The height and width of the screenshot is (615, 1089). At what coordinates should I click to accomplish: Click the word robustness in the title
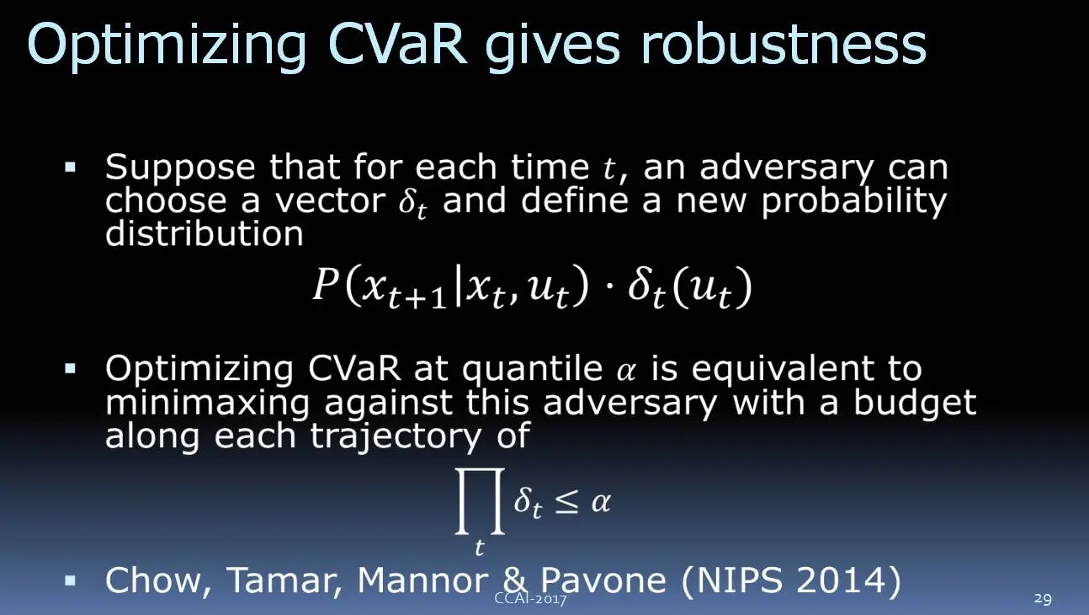point(784,44)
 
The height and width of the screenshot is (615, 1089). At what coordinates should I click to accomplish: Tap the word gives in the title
point(553,48)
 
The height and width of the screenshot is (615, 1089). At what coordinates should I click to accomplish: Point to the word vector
point(331,201)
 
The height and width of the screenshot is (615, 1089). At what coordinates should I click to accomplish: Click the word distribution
point(205,233)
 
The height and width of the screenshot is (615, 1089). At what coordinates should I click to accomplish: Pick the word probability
point(854,202)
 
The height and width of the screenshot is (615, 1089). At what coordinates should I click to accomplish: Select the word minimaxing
point(208,404)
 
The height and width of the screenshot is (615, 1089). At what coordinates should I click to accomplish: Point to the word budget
point(915,404)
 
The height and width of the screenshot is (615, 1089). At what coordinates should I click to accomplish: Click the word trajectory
point(396,436)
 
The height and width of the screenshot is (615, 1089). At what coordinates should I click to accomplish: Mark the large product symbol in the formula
point(480,501)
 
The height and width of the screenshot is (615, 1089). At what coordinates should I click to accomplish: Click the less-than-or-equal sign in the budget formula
point(566,503)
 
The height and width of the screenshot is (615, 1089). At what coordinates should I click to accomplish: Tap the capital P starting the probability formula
point(326,284)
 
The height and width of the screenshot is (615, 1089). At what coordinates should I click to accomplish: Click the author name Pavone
point(603,580)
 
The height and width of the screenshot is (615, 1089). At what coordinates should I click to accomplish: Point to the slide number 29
point(1043,598)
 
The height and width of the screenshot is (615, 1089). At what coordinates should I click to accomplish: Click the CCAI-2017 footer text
point(530,598)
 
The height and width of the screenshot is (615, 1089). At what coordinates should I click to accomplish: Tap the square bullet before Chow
point(71,581)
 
